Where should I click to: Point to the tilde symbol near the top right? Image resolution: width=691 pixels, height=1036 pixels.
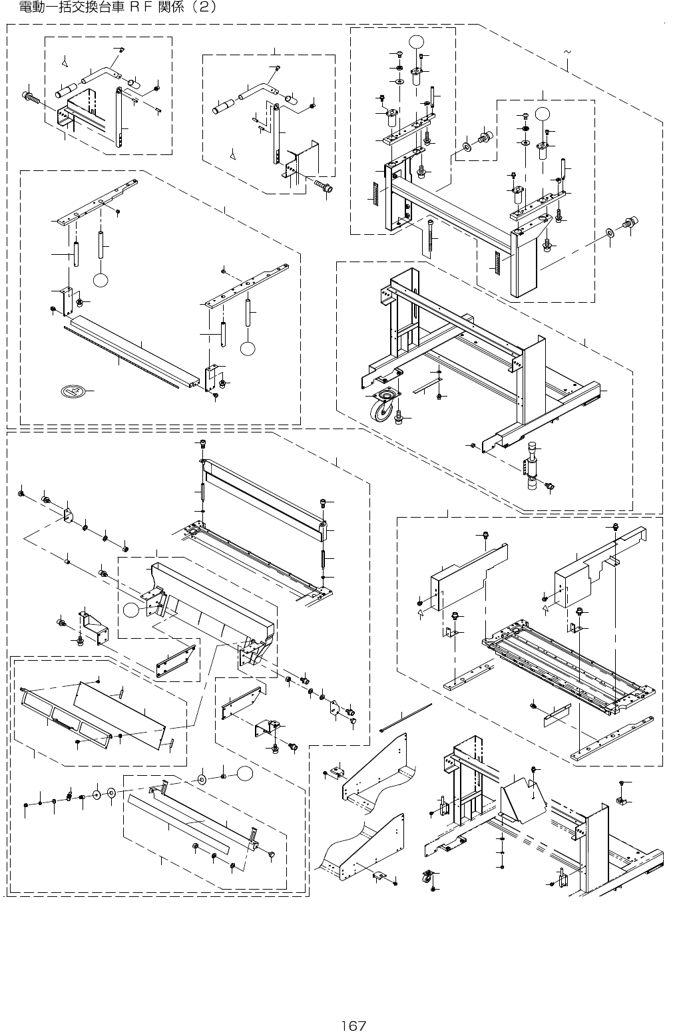pos(567,51)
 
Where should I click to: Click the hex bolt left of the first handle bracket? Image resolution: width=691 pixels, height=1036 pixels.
pos(31,97)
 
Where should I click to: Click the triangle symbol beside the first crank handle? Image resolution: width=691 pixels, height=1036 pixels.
pos(65,63)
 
